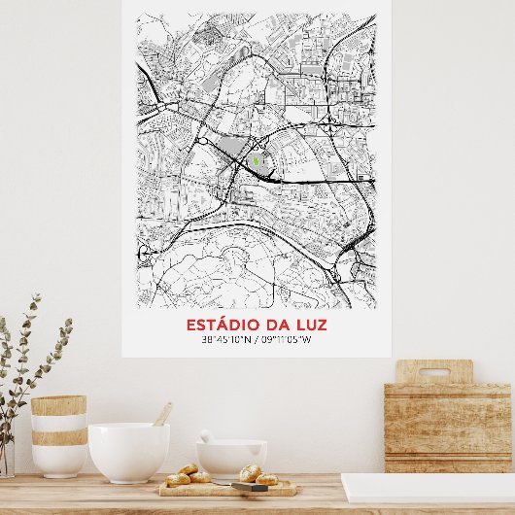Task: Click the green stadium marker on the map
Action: [x=256, y=162]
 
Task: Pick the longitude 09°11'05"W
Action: [x=285, y=340]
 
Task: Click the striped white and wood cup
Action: [x=58, y=436]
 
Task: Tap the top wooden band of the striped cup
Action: [x=58, y=405]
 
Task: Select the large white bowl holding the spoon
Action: [x=128, y=452]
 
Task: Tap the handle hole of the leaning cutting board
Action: [x=433, y=372]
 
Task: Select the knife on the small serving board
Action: [x=248, y=486]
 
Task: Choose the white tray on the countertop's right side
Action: [x=428, y=488]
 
